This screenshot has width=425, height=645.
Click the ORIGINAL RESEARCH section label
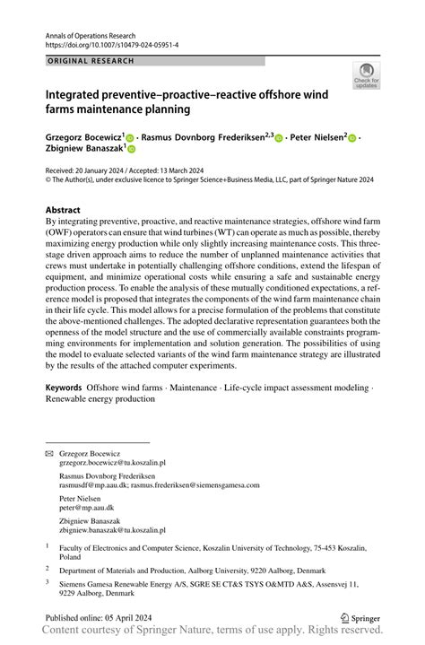(x=91, y=61)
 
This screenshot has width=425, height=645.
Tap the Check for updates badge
(x=366, y=76)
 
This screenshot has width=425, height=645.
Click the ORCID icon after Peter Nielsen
(x=351, y=138)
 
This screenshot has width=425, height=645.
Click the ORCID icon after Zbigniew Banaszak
(x=131, y=151)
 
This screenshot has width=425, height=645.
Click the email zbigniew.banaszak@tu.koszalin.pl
(x=112, y=530)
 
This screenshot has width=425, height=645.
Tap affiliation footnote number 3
(x=48, y=582)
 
